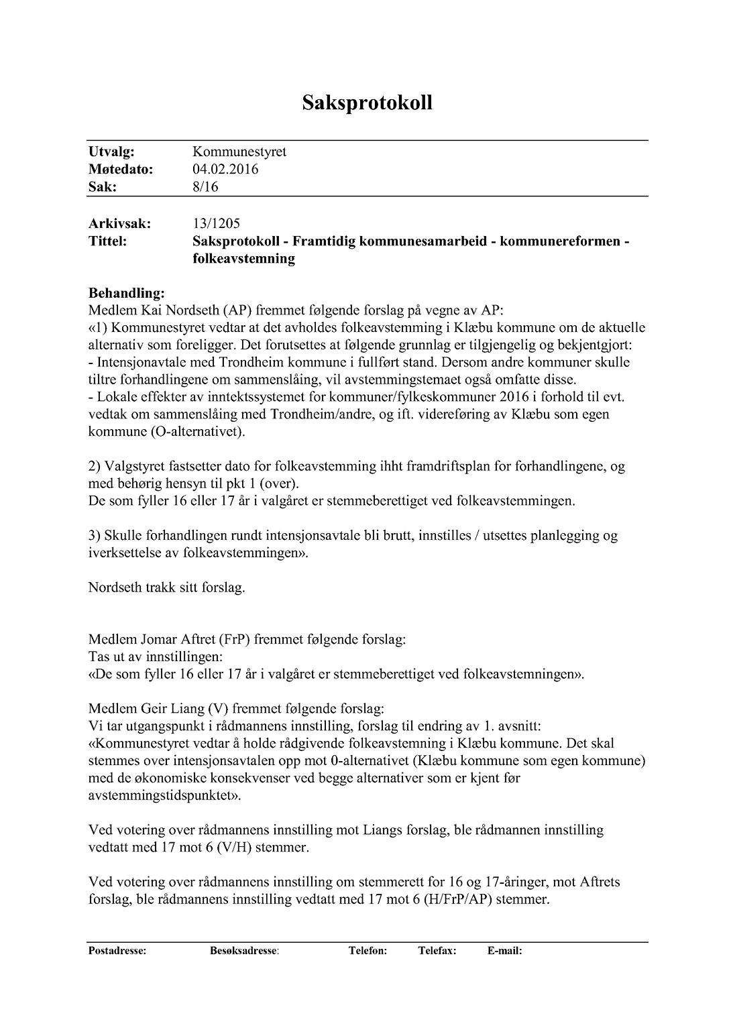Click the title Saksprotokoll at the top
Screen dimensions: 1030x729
click(x=367, y=103)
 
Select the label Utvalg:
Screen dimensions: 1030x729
click(x=111, y=152)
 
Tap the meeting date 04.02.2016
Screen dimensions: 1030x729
click(x=225, y=170)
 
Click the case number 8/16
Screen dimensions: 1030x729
click(x=205, y=187)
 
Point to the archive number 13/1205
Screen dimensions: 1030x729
click(x=216, y=223)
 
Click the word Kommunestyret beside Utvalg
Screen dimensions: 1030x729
click(x=239, y=152)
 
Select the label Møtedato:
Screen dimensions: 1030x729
click(x=121, y=170)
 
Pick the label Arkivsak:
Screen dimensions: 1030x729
click(x=119, y=223)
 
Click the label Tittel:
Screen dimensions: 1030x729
click(x=107, y=241)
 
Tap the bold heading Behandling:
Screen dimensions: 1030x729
click(x=126, y=293)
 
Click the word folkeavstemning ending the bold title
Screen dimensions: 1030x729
click(x=243, y=258)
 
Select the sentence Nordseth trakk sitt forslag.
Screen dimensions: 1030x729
click(x=166, y=588)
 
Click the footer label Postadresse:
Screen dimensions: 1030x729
click(x=117, y=951)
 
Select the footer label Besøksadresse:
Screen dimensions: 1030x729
click(x=244, y=951)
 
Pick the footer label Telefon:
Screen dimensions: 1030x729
click(x=368, y=951)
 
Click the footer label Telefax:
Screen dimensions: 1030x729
click(x=437, y=951)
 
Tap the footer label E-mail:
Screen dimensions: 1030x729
click(x=504, y=951)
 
